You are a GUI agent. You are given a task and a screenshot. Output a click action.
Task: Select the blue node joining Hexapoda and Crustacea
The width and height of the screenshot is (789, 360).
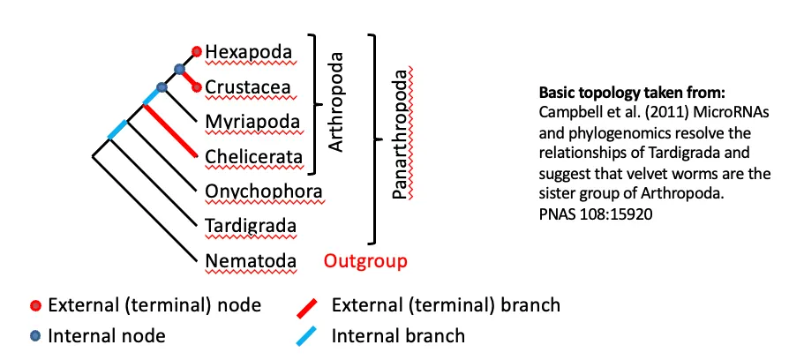[x=179, y=69]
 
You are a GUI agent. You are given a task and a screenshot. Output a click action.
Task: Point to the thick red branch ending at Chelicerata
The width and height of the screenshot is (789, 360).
[x=169, y=131]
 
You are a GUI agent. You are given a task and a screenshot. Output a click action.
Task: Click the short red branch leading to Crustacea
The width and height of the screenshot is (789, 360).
[x=188, y=78]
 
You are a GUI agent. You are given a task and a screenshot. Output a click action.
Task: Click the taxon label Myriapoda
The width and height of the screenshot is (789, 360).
[x=252, y=122]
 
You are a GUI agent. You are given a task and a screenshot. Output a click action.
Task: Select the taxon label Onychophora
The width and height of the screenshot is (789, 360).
[x=262, y=191]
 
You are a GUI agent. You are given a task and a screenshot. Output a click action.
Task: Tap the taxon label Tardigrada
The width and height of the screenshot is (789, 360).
[x=251, y=226]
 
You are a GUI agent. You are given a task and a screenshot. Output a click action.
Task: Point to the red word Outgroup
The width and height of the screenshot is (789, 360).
[x=365, y=260]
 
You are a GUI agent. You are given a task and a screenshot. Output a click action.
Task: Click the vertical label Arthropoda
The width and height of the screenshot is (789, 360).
[x=335, y=104]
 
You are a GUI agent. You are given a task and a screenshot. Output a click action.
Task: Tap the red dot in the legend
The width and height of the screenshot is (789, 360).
[x=34, y=306]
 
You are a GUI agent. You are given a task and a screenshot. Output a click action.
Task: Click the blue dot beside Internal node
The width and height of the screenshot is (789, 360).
[x=34, y=335]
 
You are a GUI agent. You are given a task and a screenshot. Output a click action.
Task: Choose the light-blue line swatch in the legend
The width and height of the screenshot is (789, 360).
[x=308, y=335]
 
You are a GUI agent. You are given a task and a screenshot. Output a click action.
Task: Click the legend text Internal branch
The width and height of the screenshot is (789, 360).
[x=398, y=335]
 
